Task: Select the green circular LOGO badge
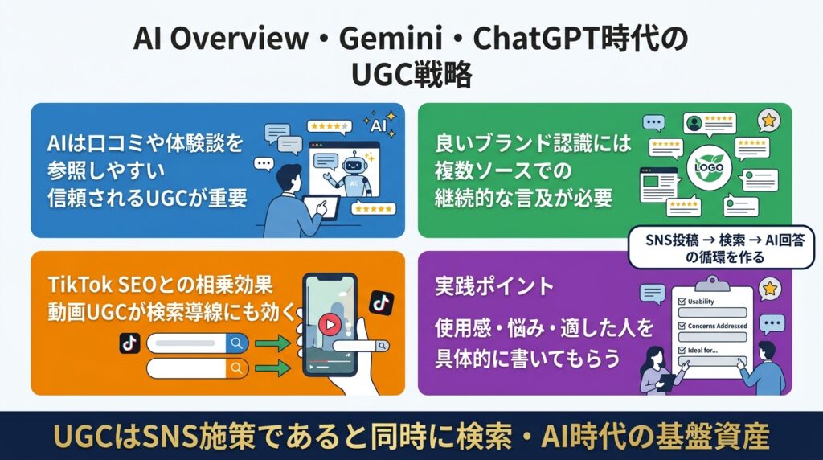[709, 167]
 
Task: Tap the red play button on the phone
[330, 324]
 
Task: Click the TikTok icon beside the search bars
[129, 344]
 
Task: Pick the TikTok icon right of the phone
[382, 302]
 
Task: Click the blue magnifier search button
[237, 343]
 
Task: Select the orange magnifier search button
[237, 368]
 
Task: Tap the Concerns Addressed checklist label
[717, 326]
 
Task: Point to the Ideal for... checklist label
[702, 351]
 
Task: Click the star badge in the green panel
[769, 121]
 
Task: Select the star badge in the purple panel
[769, 288]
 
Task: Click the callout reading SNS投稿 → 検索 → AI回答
[724, 248]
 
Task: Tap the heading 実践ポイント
[494, 286]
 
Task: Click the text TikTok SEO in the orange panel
[102, 285]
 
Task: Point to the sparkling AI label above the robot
[380, 125]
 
